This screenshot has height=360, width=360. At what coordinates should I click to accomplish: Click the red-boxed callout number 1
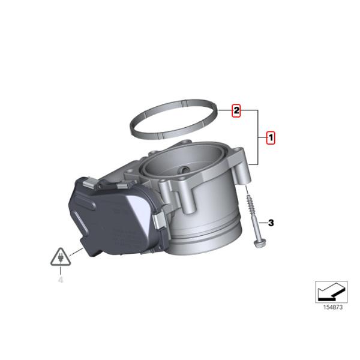(271, 138)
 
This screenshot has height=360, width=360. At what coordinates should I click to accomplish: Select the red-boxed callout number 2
(236, 111)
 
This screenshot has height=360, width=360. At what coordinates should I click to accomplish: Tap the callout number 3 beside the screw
(271, 223)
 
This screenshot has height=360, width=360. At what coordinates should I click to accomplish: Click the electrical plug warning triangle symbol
(60, 259)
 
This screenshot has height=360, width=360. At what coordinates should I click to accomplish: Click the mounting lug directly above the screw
(244, 174)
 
